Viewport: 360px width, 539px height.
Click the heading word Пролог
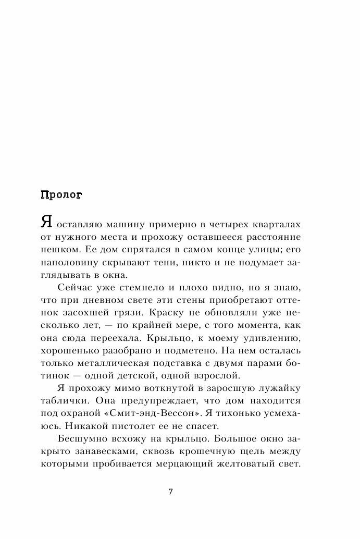coord(60,195)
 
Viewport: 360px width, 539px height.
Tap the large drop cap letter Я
coord(46,223)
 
